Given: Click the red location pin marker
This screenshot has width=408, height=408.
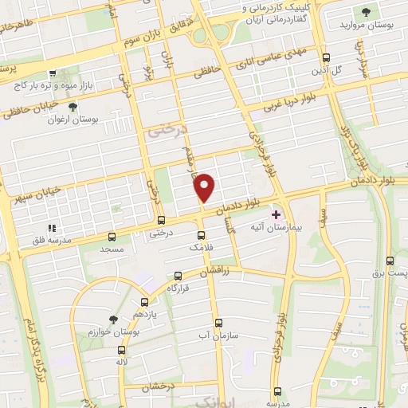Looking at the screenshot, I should [205, 187].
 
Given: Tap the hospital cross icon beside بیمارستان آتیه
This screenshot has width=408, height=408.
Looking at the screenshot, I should [277, 214].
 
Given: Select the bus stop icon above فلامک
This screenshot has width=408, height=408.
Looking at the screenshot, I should [200, 235].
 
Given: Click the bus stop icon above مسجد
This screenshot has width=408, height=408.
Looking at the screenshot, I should [111, 237].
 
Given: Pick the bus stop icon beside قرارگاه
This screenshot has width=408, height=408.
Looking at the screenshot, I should [173, 286].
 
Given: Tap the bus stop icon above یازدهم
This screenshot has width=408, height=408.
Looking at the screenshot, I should [144, 302].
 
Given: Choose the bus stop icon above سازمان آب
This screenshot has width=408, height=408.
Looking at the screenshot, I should [218, 323].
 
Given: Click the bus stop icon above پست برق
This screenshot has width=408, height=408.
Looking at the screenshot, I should [389, 261].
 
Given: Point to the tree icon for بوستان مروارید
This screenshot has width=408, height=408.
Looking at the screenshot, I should [366, 12].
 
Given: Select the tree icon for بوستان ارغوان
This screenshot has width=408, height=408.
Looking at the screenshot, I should [73, 106].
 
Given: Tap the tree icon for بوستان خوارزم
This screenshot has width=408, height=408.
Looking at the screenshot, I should [112, 318].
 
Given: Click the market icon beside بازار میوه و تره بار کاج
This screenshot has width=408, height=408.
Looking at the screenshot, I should [53, 73].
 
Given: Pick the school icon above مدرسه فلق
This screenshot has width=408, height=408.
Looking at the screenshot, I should [53, 205].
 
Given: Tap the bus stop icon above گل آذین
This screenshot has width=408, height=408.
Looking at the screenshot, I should [326, 57].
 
